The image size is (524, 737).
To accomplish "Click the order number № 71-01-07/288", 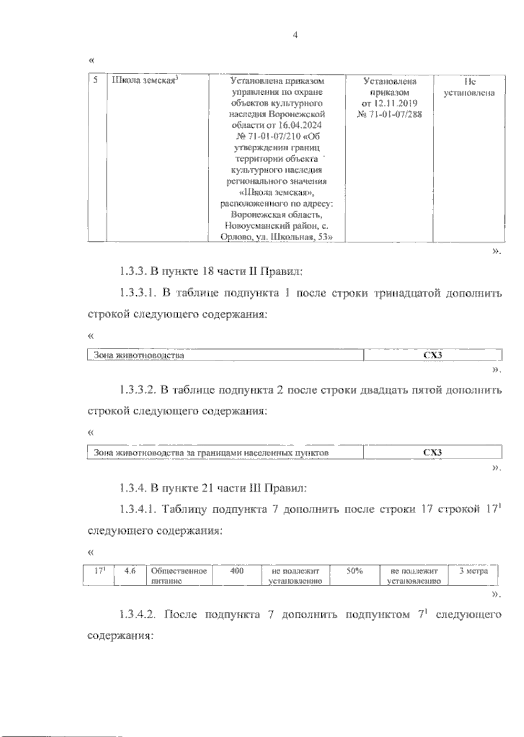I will coord(389,115).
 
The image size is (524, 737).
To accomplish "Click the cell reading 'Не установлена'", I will coord(469,87).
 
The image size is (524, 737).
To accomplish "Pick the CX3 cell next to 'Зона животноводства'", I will coord(433,355).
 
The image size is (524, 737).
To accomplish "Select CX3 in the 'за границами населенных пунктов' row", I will coord(433,453).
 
